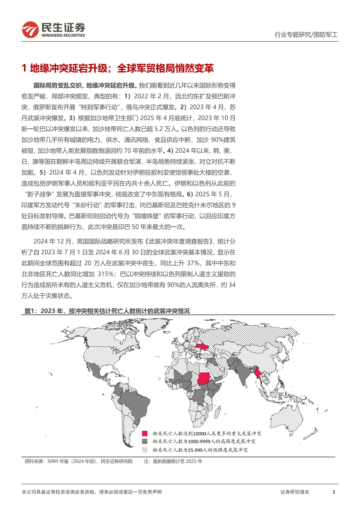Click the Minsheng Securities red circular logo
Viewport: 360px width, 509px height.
coord(30,30)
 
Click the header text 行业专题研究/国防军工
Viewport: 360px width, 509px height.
coord(306,34)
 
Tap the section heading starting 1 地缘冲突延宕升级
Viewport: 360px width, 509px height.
coord(118,68)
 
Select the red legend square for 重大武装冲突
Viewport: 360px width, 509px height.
coord(145,433)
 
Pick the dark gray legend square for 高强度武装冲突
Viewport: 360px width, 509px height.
coord(145,441)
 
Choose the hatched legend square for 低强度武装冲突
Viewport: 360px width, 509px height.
coord(145,450)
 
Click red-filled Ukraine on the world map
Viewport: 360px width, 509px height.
coord(202,347)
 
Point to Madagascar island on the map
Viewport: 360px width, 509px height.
coord(217,412)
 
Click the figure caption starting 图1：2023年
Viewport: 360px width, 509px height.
coord(107,311)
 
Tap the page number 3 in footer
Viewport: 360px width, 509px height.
coord(333,492)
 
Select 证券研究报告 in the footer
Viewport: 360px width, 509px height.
coord(295,492)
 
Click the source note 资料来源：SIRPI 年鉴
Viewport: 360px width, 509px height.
coord(78,461)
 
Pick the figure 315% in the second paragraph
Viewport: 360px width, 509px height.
coord(106,274)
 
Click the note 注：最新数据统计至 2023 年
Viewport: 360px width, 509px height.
coord(173,461)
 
